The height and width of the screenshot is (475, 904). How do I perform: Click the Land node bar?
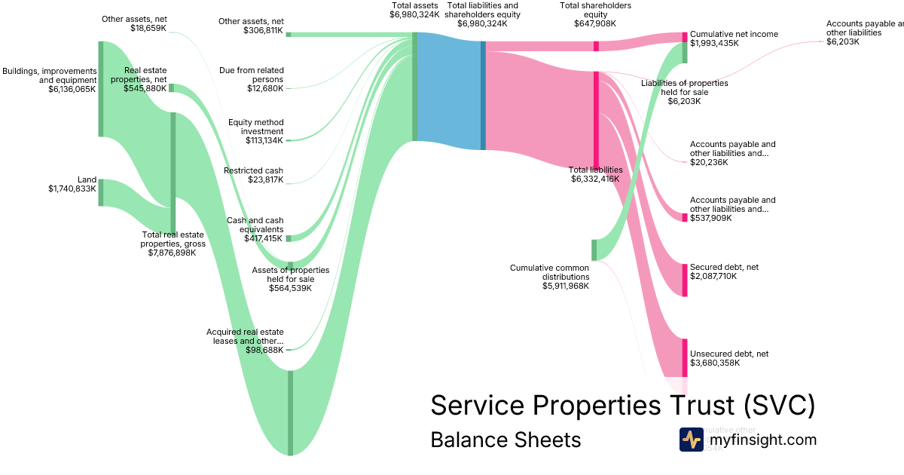(101, 192)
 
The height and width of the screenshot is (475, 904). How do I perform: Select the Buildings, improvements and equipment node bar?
(101, 89)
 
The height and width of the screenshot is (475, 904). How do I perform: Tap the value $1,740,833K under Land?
(72, 189)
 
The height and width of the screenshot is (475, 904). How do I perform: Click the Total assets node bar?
(414, 87)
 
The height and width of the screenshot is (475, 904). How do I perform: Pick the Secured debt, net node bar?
(685, 279)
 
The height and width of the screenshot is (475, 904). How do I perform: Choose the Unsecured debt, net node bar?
(685, 357)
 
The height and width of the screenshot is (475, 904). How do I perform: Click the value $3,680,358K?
(715, 363)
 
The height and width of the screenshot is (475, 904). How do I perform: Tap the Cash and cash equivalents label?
(255, 225)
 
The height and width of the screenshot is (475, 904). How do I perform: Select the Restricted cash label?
(253, 170)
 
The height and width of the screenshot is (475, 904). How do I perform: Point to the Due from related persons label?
(252, 75)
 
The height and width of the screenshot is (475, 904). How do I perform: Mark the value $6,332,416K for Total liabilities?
(594, 179)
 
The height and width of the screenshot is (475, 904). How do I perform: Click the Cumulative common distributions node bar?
(594, 250)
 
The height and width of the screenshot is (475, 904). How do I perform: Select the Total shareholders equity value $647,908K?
(595, 23)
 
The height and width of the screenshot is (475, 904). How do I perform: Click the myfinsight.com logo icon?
(691, 440)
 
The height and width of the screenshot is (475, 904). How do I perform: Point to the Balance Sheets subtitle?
(505, 440)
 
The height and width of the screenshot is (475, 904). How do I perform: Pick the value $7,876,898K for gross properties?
(173, 253)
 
